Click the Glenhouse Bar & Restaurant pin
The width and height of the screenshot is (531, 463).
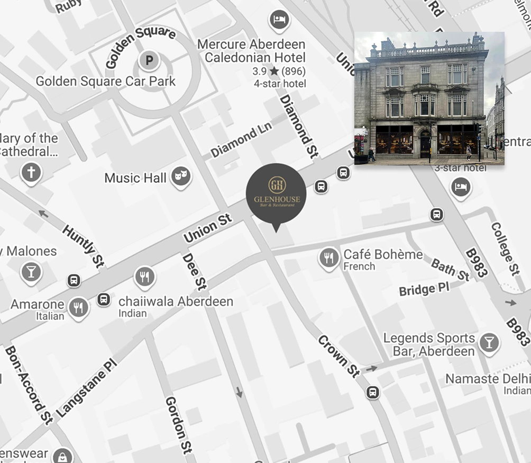[276, 194]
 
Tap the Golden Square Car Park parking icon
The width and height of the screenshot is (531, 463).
[149, 61]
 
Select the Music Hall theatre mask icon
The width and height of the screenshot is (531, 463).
[180, 178]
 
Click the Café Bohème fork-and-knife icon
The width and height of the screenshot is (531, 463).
[329, 259]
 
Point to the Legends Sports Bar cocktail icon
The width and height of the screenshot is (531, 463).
[489, 343]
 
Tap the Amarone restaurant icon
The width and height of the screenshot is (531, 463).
[79, 307]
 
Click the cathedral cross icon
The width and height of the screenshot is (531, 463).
[31, 173]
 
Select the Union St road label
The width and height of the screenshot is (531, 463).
[208, 228]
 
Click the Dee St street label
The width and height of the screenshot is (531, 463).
[194, 271]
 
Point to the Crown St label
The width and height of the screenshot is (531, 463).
[339, 357]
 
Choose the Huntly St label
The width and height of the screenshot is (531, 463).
[83, 246]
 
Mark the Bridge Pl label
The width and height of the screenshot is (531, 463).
[424, 289]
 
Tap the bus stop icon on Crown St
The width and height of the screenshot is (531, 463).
[373, 393]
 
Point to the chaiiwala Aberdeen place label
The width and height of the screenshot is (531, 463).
[176, 301]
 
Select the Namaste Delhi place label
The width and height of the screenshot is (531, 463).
[487, 379]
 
